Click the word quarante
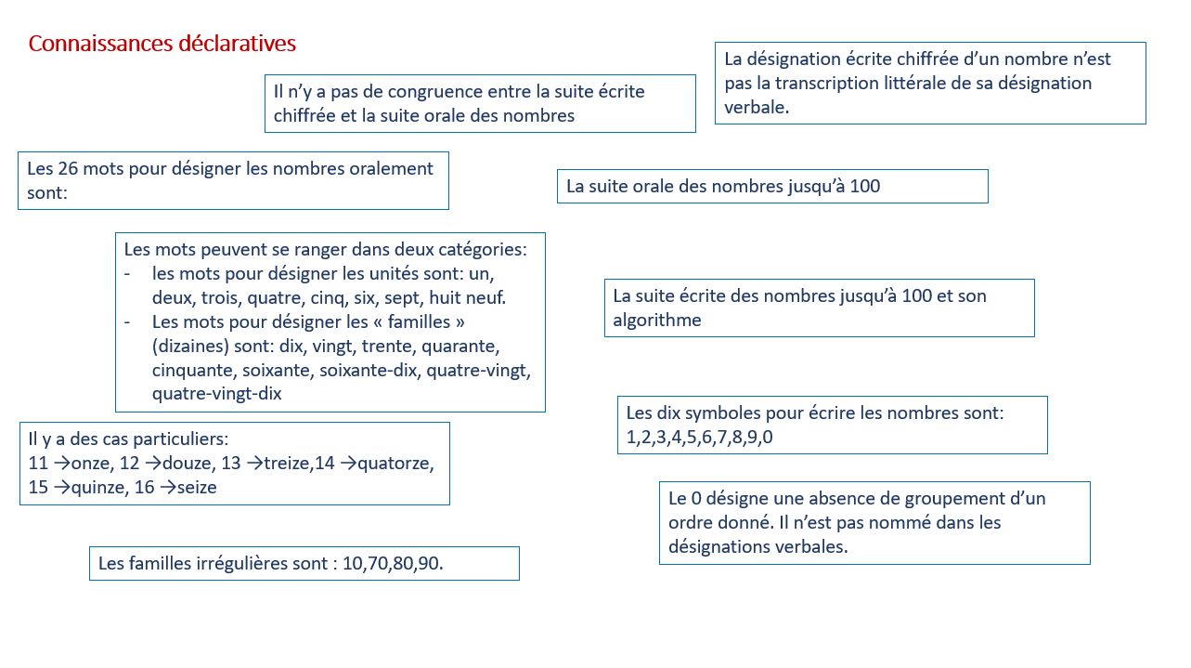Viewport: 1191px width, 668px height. pyautogui.click(x=460, y=346)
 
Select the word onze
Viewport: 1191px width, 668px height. pyautogui.click(x=90, y=463)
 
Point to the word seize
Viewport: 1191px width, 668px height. pyautogui.click(x=197, y=487)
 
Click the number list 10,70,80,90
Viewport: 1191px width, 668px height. pyautogui.click(x=394, y=563)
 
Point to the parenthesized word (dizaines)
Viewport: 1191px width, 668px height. pyautogui.click(x=191, y=346)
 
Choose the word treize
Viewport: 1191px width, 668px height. pyautogui.click(x=285, y=463)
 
